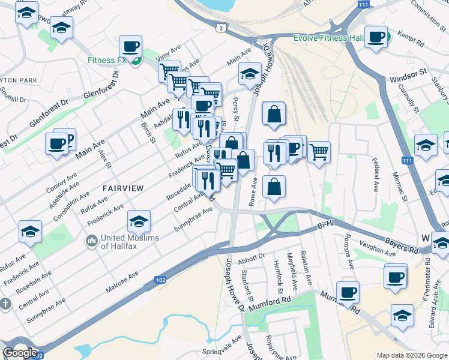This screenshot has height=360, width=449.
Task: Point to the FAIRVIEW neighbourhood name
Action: point(123,188)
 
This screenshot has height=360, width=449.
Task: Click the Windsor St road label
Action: point(408,79)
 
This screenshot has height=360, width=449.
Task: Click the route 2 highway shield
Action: point(222,28)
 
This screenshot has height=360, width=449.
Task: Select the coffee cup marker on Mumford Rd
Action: point(348,293)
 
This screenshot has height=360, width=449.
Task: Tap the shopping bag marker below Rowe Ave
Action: point(274,187)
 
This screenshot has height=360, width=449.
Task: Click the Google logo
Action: point(20,352)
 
